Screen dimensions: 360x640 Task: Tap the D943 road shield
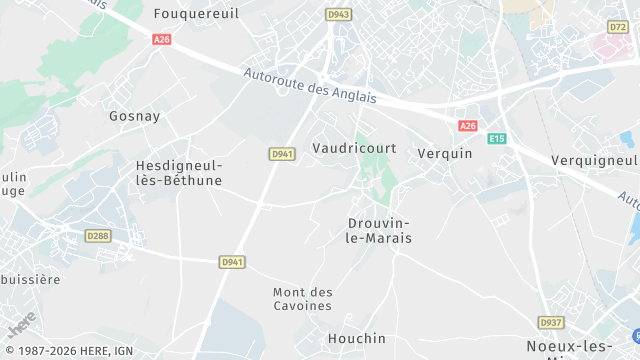pos(339,14)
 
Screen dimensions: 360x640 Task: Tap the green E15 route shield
pos(497,139)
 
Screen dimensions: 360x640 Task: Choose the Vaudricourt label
pos(355,148)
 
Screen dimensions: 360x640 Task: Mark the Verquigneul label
pos(594,160)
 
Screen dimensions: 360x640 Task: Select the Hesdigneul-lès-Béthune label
pos(179,173)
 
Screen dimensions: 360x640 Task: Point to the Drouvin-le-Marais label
pos(380,230)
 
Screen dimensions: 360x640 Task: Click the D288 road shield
pos(97,236)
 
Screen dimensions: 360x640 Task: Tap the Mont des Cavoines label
pos(302,298)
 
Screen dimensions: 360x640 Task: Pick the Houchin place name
pos(355,339)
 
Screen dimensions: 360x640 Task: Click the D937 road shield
pos(550,322)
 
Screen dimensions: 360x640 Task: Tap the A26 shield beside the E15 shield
pos(468,125)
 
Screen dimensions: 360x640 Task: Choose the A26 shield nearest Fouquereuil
pos(161,39)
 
